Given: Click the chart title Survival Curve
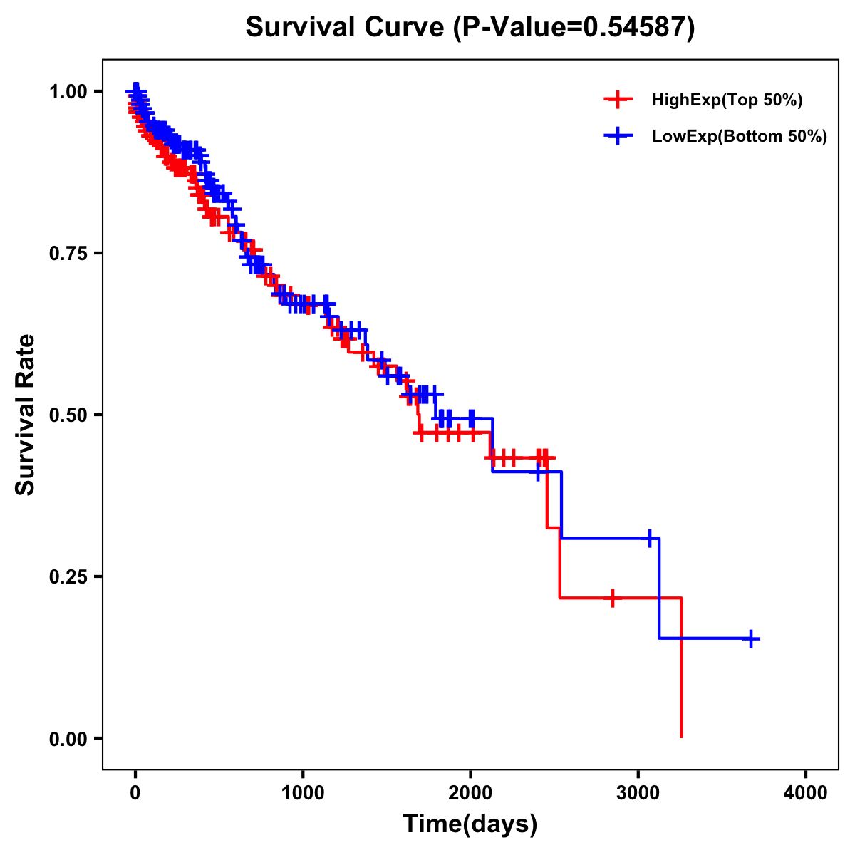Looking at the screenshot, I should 346,27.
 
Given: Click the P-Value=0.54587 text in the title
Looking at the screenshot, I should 575,27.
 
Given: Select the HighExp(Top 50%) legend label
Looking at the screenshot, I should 727,100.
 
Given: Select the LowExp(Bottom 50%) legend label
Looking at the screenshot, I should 740,136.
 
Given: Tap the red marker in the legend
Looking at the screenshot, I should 618,100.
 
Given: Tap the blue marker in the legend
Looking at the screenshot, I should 618,136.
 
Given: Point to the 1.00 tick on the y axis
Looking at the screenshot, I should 69,91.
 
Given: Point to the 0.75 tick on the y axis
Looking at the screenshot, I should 69,253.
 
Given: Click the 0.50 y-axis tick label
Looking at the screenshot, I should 69,415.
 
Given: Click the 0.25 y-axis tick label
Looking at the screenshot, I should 69,576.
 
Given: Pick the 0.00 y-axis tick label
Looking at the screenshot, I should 69,738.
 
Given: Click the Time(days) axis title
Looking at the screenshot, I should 470,824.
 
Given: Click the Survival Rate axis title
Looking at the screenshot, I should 26,415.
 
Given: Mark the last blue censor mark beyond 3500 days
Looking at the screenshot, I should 751,638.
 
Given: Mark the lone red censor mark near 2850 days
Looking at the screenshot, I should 612,598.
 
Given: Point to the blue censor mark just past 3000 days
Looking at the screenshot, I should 650,538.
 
